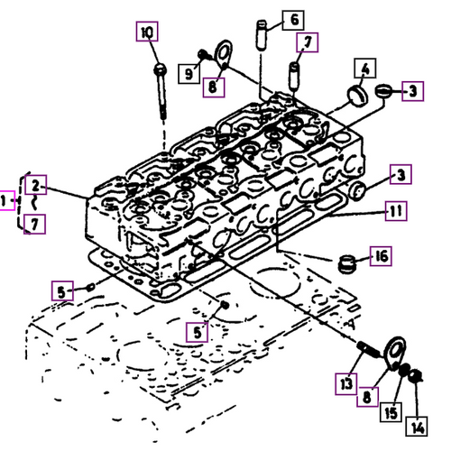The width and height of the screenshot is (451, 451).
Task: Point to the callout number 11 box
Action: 395,213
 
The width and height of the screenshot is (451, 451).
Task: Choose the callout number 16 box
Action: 382,257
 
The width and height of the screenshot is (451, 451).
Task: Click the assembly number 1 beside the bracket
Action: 6,200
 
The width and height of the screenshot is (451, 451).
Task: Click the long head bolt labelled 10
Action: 161,90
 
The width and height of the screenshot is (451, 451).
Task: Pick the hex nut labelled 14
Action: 414,388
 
